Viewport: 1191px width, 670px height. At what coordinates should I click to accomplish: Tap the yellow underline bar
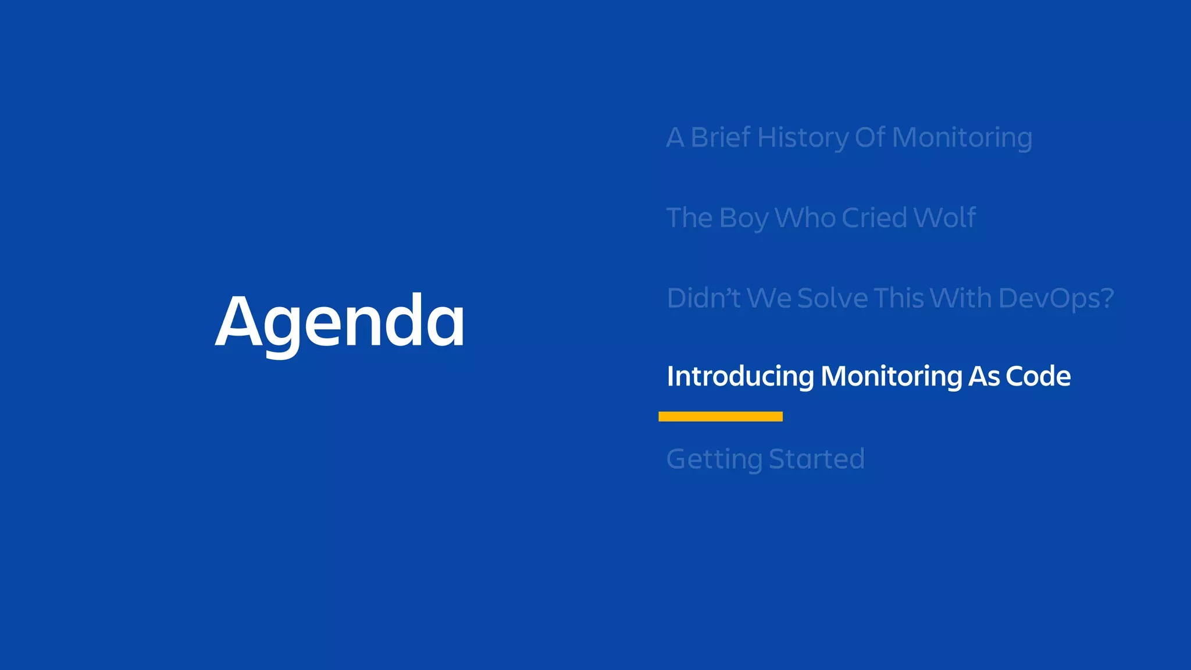pos(720,416)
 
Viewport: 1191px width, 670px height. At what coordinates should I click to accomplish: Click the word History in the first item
pos(803,138)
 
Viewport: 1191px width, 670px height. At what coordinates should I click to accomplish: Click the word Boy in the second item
pos(743,219)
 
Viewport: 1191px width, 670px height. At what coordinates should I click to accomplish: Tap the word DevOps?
pos(1056,298)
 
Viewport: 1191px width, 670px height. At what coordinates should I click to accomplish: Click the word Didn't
pos(703,298)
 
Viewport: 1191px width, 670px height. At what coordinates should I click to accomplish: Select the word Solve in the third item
pos(832,298)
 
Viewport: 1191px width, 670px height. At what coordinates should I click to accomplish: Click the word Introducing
pos(740,376)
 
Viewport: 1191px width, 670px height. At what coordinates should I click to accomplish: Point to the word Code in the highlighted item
pos(1038,376)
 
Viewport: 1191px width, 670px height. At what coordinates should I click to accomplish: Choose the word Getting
pos(714,459)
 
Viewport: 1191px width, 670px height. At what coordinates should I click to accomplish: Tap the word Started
pos(816,459)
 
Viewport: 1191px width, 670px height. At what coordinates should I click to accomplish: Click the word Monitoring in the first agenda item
pos(962,138)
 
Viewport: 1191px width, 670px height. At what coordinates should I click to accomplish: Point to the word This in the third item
pos(898,298)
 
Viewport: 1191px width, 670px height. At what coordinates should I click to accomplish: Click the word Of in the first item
pos(870,138)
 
